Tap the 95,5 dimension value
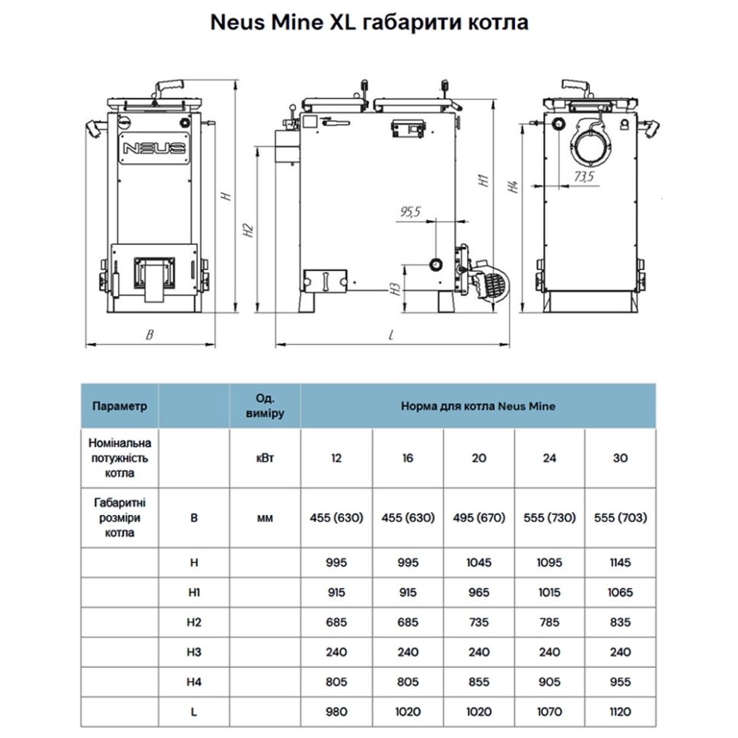click(x=409, y=212)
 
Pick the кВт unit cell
click(x=266, y=458)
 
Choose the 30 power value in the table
click(x=620, y=458)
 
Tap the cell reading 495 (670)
click(x=478, y=518)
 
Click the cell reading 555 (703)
click(x=620, y=518)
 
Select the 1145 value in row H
click(x=620, y=563)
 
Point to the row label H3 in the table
click(x=194, y=652)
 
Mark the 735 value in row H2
click(x=478, y=622)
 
